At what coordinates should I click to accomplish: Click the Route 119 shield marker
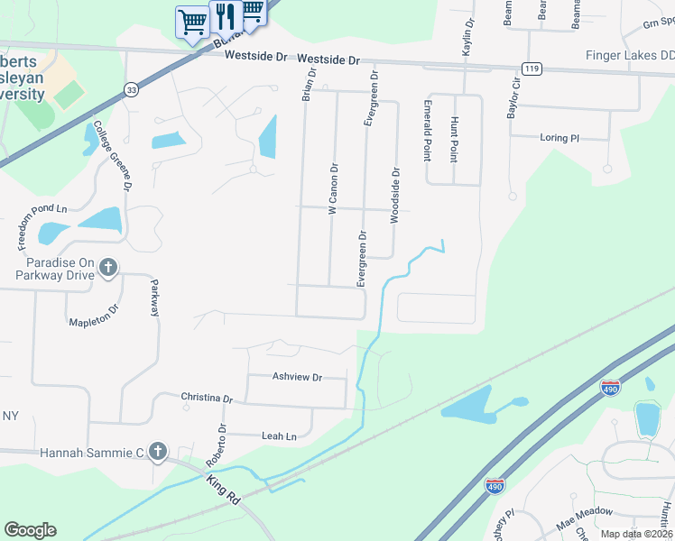tap(531, 69)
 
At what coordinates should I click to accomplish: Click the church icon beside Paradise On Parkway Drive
tap(108, 266)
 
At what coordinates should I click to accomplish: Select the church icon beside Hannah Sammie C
tap(158, 451)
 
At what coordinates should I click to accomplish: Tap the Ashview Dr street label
tap(297, 377)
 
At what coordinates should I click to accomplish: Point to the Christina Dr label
tap(207, 397)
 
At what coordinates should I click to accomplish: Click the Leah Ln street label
tap(279, 436)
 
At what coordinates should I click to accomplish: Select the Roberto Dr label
tap(217, 445)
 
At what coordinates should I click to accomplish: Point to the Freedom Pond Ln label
tap(42, 227)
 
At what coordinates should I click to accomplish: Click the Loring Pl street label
tap(559, 138)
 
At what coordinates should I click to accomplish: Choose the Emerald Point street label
tap(427, 130)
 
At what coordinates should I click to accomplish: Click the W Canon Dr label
tap(332, 188)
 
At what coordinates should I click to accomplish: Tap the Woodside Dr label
tap(394, 195)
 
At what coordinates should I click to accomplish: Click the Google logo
tap(30, 530)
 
